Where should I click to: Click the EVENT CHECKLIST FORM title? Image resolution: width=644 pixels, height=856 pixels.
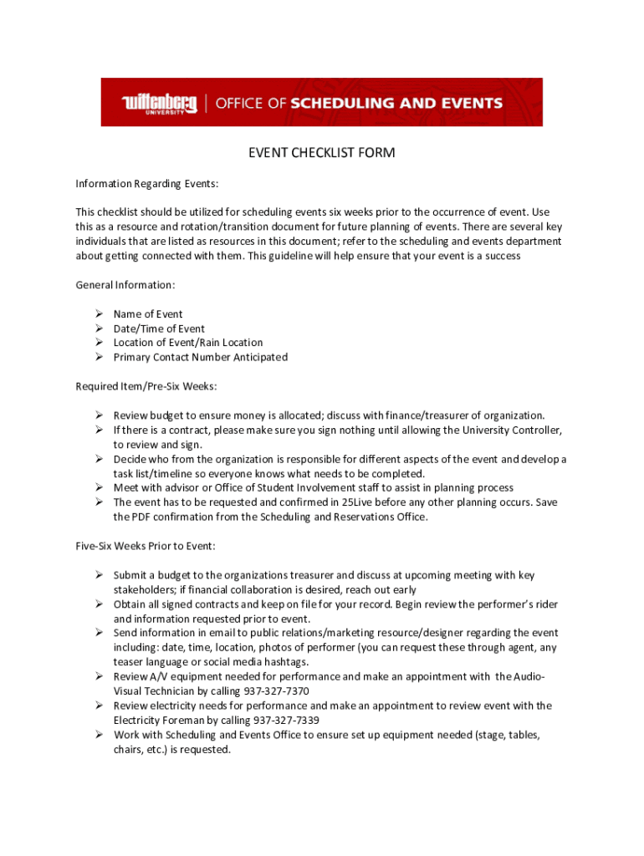tap(321, 153)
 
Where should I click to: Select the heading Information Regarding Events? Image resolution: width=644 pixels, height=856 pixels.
tap(146, 183)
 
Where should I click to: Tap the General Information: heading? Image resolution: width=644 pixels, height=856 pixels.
tap(125, 285)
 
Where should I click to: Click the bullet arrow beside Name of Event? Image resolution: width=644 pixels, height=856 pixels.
tap(98, 314)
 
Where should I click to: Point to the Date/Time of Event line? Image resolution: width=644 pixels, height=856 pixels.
tap(159, 329)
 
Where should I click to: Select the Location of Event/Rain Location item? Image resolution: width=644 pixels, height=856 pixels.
tap(188, 343)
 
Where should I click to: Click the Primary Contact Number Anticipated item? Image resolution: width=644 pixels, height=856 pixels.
tap(201, 357)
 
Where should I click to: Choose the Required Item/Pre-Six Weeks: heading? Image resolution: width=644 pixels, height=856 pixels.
tap(146, 386)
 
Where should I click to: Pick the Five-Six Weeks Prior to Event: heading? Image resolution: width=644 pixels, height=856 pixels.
tap(146, 546)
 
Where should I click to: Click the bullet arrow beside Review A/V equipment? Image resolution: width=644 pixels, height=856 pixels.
tap(98, 676)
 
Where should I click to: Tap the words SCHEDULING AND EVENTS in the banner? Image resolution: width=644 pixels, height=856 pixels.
tap(396, 104)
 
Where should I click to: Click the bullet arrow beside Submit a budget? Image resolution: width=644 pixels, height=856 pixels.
tap(98, 575)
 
